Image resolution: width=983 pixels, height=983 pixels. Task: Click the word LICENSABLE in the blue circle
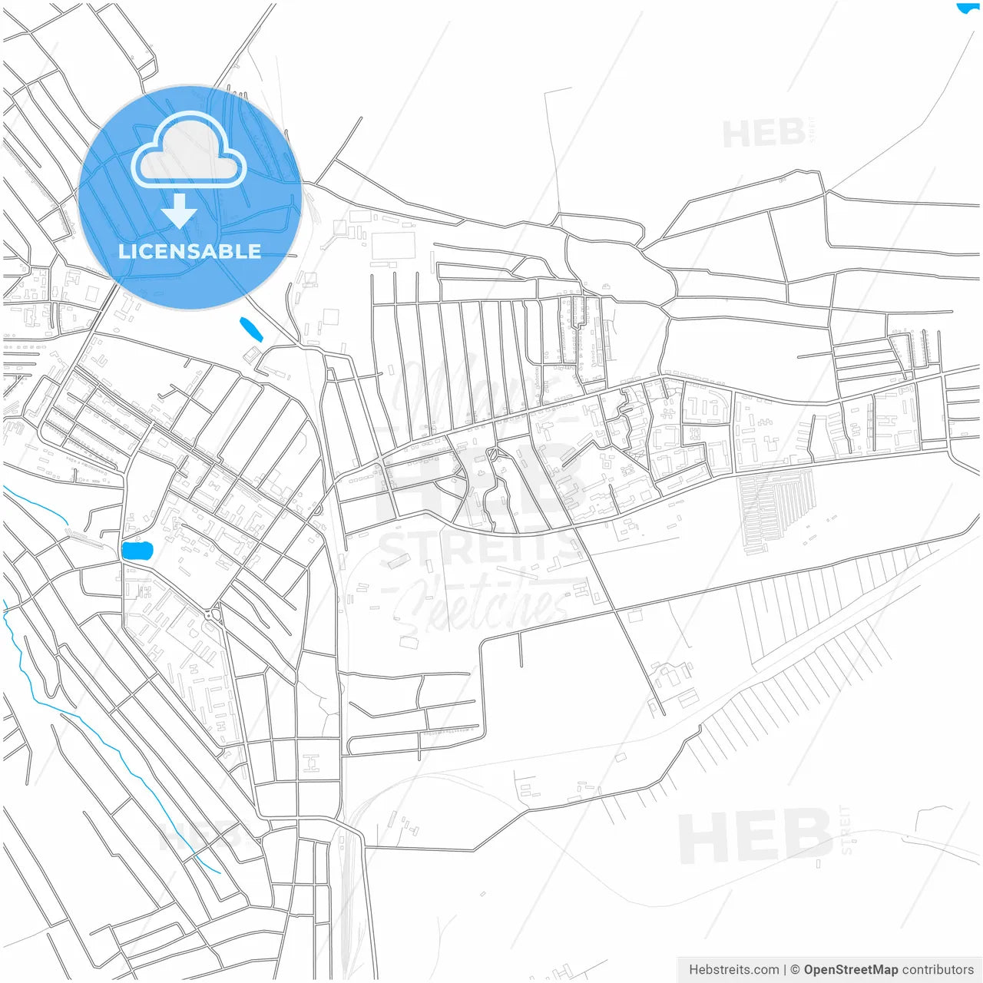(x=190, y=251)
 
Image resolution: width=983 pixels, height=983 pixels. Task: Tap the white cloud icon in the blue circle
(x=189, y=151)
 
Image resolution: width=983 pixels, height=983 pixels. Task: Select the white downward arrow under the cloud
(x=180, y=210)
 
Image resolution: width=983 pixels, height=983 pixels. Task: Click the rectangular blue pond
(x=137, y=551)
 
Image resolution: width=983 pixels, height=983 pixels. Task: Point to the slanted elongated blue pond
(x=251, y=329)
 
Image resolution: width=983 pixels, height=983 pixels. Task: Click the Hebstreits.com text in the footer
(x=733, y=969)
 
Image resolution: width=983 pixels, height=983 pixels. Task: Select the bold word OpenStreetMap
(x=850, y=969)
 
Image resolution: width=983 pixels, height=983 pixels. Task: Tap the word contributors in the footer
(x=938, y=969)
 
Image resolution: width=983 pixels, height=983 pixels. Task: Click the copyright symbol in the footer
(x=795, y=969)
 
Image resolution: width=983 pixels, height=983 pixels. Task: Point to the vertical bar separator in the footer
(x=785, y=969)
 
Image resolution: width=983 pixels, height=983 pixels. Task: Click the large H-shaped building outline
(x=311, y=763)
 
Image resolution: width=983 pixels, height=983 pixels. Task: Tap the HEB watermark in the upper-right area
(x=764, y=134)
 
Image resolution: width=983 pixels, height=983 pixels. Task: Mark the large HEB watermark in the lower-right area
(x=756, y=837)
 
